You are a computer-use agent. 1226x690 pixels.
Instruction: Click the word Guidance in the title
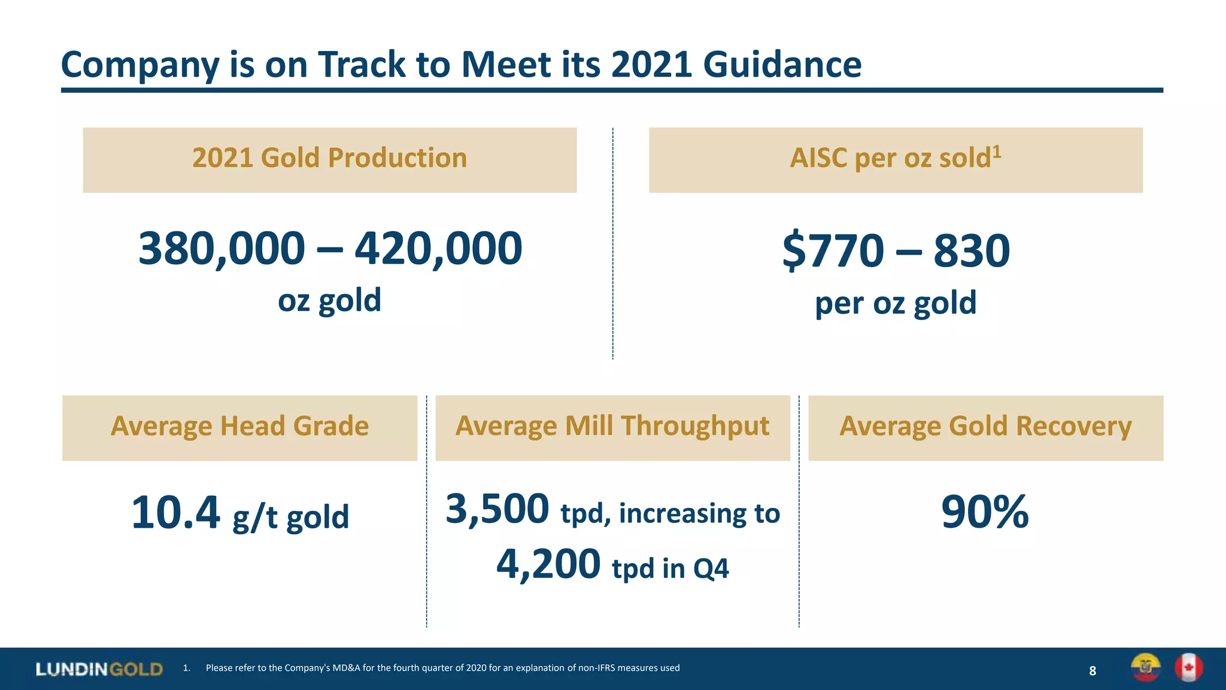tap(782, 64)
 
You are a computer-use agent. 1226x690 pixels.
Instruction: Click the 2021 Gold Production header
tap(329, 158)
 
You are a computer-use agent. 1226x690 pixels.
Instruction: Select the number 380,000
tap(221, 249)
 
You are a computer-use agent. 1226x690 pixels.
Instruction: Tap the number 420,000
tap(438, 249)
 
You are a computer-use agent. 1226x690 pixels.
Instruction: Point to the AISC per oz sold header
tap(890, 159)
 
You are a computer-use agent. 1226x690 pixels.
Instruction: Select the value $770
tap(833, 250)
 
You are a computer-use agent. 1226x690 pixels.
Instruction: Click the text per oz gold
tap(896, 303)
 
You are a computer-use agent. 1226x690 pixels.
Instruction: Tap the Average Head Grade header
tap(239, 426)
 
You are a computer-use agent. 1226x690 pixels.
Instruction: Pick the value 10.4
tap(175, 513)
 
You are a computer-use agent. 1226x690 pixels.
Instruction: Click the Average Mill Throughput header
tap(612, 426)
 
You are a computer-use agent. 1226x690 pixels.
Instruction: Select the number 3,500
tap(497, 509)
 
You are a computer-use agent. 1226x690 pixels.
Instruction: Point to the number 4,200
tap(548, 564)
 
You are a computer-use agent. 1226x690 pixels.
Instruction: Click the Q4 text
tap(711, 568)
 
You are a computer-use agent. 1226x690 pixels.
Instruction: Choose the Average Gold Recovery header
tap(985, 426)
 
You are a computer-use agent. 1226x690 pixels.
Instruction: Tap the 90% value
tap(985, 513)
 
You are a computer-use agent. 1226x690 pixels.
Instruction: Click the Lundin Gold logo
tap(99, 669)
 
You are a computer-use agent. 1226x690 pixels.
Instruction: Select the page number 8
tap(1093, 671)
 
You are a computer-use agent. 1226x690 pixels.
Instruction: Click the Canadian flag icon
tap(1188, 667)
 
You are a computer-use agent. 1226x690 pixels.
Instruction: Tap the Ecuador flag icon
tap(1145, 667)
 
